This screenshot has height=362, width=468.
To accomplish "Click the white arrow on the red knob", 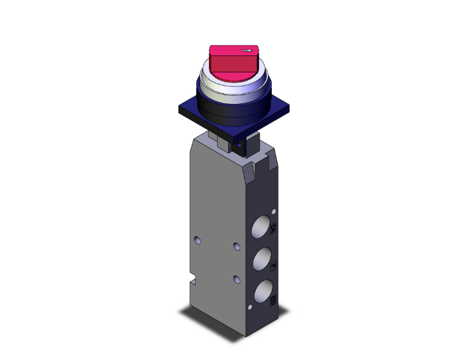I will (x=249, y=50).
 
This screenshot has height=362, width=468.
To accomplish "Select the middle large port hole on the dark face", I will (x=263, y=259).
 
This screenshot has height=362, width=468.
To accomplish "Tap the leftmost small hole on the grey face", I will (x=198, y=239).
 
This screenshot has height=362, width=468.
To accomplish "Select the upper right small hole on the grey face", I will (x=237, y=246).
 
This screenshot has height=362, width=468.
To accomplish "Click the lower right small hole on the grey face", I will (x=237, y=278).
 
